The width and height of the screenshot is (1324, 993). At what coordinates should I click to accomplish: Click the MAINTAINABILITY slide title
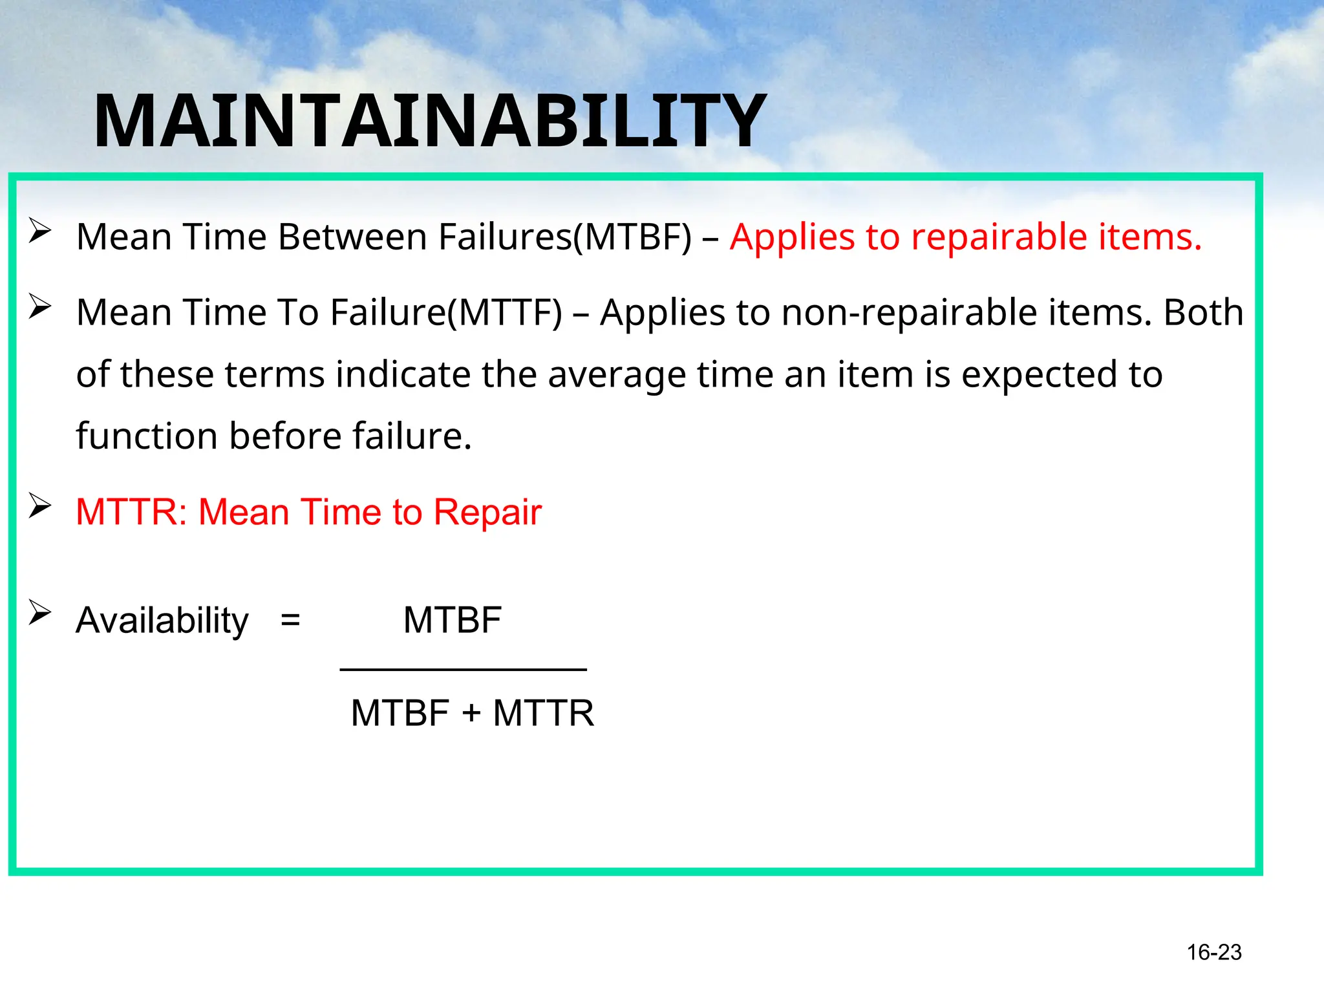click(x=430, y=121)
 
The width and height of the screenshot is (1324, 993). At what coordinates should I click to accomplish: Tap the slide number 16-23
click(x=1213, y=952)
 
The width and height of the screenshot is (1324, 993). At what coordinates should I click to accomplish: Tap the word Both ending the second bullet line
click(x=1203, y=312)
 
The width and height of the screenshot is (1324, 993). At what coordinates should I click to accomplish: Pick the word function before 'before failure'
click(x=146, y=436)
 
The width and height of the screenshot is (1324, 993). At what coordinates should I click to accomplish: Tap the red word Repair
click(x=487, y=512)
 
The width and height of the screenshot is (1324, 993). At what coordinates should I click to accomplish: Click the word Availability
click(x=162, y=621)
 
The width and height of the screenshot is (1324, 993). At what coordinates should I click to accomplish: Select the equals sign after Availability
click(x=290, y=621)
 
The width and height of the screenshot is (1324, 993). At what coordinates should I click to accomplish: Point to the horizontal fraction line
click(x=463, y=670)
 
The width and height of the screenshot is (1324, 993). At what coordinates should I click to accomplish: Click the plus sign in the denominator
click(x=471, y=713)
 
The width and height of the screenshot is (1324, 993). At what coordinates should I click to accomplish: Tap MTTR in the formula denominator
click(x=543, y=713)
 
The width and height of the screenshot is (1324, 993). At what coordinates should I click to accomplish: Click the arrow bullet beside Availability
click(x=39, y=612)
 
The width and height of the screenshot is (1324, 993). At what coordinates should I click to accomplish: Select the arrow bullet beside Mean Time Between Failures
click(x=39, y=231)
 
